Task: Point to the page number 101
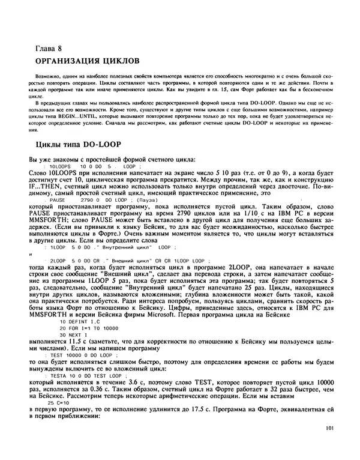327,429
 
